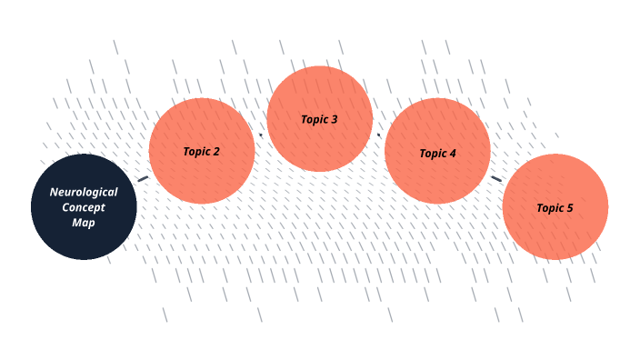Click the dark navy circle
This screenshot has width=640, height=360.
(x=84, y=206)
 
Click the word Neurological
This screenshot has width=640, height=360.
(x=84, y=192)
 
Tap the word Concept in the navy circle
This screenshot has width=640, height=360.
(x=84, y=208)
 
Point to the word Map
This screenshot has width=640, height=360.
(x=84, y=223)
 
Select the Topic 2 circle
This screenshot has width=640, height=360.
(x=202, y=151)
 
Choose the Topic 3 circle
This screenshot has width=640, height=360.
(x=320, y=118)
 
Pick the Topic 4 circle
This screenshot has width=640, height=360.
(x=437, y=151)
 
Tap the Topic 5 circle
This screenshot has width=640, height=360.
(x=555, y=206)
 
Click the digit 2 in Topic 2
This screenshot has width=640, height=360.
(x=216, y=152)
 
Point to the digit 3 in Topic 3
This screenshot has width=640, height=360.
(x=334, y=119)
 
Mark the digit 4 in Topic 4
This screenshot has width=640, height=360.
(x=452, y=154)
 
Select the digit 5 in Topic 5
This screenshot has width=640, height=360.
(x=569, y=208)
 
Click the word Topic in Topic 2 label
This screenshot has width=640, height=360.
(x=196, y=152)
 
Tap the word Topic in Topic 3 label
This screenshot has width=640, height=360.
(x=315, y=120)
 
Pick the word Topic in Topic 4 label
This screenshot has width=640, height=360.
(x=433, y=154)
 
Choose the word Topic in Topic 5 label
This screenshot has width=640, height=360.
(x=550, y=208)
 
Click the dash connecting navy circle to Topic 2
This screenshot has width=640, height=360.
(x=143, y=179)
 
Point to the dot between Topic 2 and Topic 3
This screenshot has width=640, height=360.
(x=261, y=135)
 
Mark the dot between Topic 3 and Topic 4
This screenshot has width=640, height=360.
(x=378, y=135)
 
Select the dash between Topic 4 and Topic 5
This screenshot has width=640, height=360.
(x=496, y=179)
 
